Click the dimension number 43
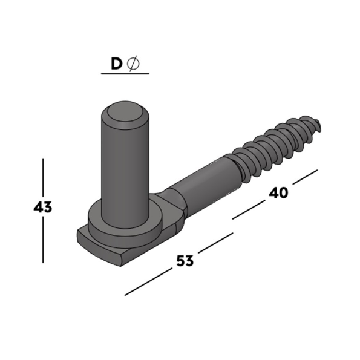pos(43,208)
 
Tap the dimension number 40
pos(278,193)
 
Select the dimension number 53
pos(185,261)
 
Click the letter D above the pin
pos(116,64)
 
